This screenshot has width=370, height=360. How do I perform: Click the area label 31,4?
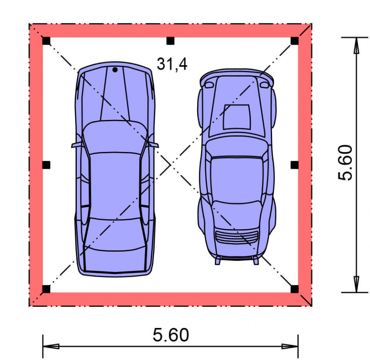pos(172,64)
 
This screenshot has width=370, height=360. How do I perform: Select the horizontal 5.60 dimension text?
pos(171,334)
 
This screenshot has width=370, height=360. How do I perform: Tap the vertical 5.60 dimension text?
pos(345,163)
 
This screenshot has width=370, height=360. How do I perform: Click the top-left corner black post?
pos(46,41)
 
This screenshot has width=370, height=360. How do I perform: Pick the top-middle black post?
pos(170,41)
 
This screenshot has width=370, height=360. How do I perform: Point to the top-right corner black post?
pos(294,41)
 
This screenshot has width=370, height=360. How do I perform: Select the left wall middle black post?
pos(46,165)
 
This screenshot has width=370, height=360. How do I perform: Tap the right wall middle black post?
pos(294,165)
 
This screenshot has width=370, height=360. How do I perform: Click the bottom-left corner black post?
pos(46,289)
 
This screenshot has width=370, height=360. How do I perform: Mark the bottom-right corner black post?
pos(294,289)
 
